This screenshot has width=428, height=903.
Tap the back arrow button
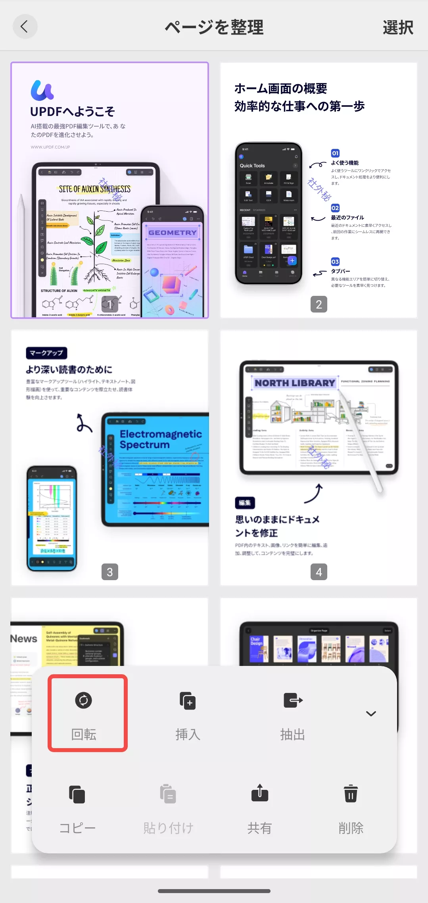(25, 27)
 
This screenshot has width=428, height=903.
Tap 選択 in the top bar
(398, 27)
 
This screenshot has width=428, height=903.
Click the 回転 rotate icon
(83, 700)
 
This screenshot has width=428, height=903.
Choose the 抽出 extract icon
(293, 700)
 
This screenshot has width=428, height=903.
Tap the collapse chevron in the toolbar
(371, 714)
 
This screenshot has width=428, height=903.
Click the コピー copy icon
(77, 794)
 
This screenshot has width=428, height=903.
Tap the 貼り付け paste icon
(168, 794)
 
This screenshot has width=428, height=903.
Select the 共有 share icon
(260, 793)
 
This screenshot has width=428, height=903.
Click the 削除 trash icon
(351, 793)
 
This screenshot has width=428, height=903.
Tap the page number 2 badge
(319, 305)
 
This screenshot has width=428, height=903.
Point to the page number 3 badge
(110, 572)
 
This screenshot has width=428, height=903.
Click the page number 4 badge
(319, 572)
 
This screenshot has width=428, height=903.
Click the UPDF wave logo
(42, 90)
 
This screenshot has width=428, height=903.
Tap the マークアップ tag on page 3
(46, 353)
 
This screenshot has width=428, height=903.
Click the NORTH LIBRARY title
(295, 383)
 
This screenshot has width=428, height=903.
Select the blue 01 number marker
(335, 153)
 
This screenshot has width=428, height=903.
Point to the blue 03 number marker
(335, 262)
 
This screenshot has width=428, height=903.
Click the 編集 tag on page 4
(245, 503)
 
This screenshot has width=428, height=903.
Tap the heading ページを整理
(214, 27)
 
